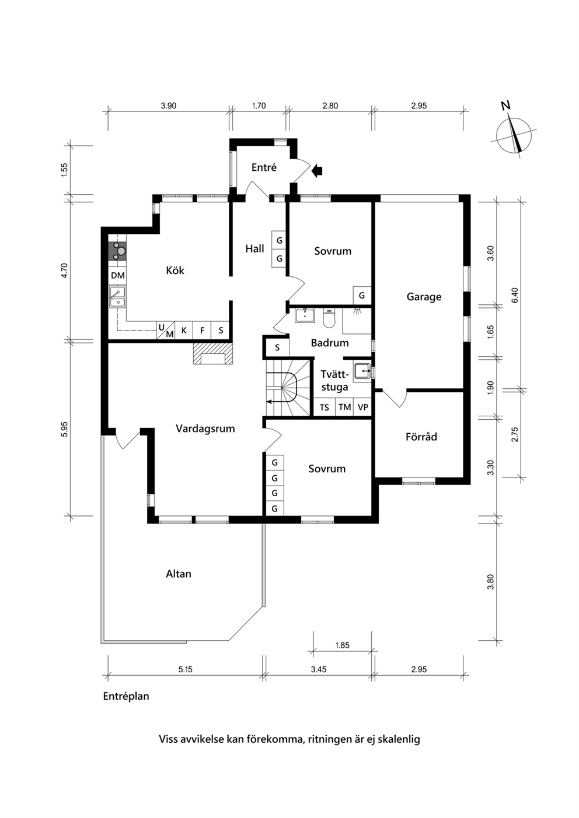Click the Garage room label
point(424,297)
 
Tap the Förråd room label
point(421,436)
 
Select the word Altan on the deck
point(179,574)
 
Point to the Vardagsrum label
point(205,429)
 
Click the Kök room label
point(175,270)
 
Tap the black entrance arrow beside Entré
point(318,170)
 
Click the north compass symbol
point(515,134)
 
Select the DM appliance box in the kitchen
point(118,275)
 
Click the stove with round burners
point(118,251)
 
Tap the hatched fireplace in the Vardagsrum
point(212,354)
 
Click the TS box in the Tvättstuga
point(324,407)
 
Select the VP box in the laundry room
point(362,407)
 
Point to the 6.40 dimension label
point(515,295)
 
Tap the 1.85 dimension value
point(343,645)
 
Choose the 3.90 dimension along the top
point(169,106)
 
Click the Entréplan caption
point(126,696)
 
